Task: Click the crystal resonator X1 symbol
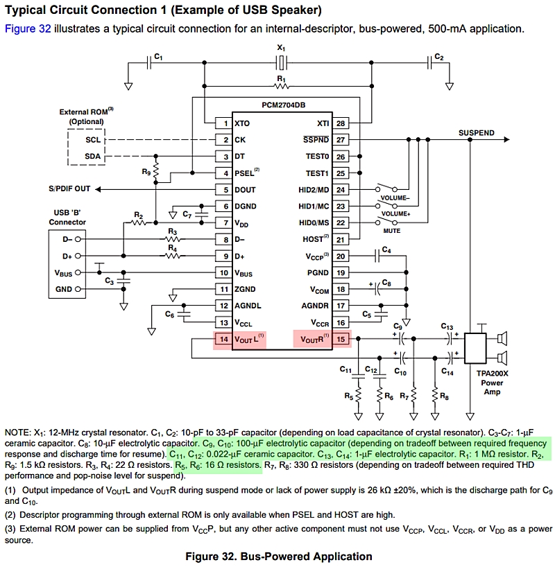point(281,63)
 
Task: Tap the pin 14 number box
point(223,340)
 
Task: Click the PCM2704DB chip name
point(283,105)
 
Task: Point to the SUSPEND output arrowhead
point(507,139)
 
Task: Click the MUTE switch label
point(391,231)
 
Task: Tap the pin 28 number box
point(341,123)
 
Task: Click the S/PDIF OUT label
point(69,189)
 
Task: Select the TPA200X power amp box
point(475,349)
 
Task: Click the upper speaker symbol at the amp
point(502,339)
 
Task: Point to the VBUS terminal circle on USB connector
point(78,272)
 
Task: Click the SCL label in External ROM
point(93,140)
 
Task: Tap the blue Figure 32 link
point(28,28)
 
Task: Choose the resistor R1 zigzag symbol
point(282,86)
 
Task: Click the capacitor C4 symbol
point(377,256)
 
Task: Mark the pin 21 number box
point(341,240)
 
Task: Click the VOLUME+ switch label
point(395,214)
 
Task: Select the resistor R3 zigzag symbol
point(173,239)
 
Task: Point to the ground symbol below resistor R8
point(435,417)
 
